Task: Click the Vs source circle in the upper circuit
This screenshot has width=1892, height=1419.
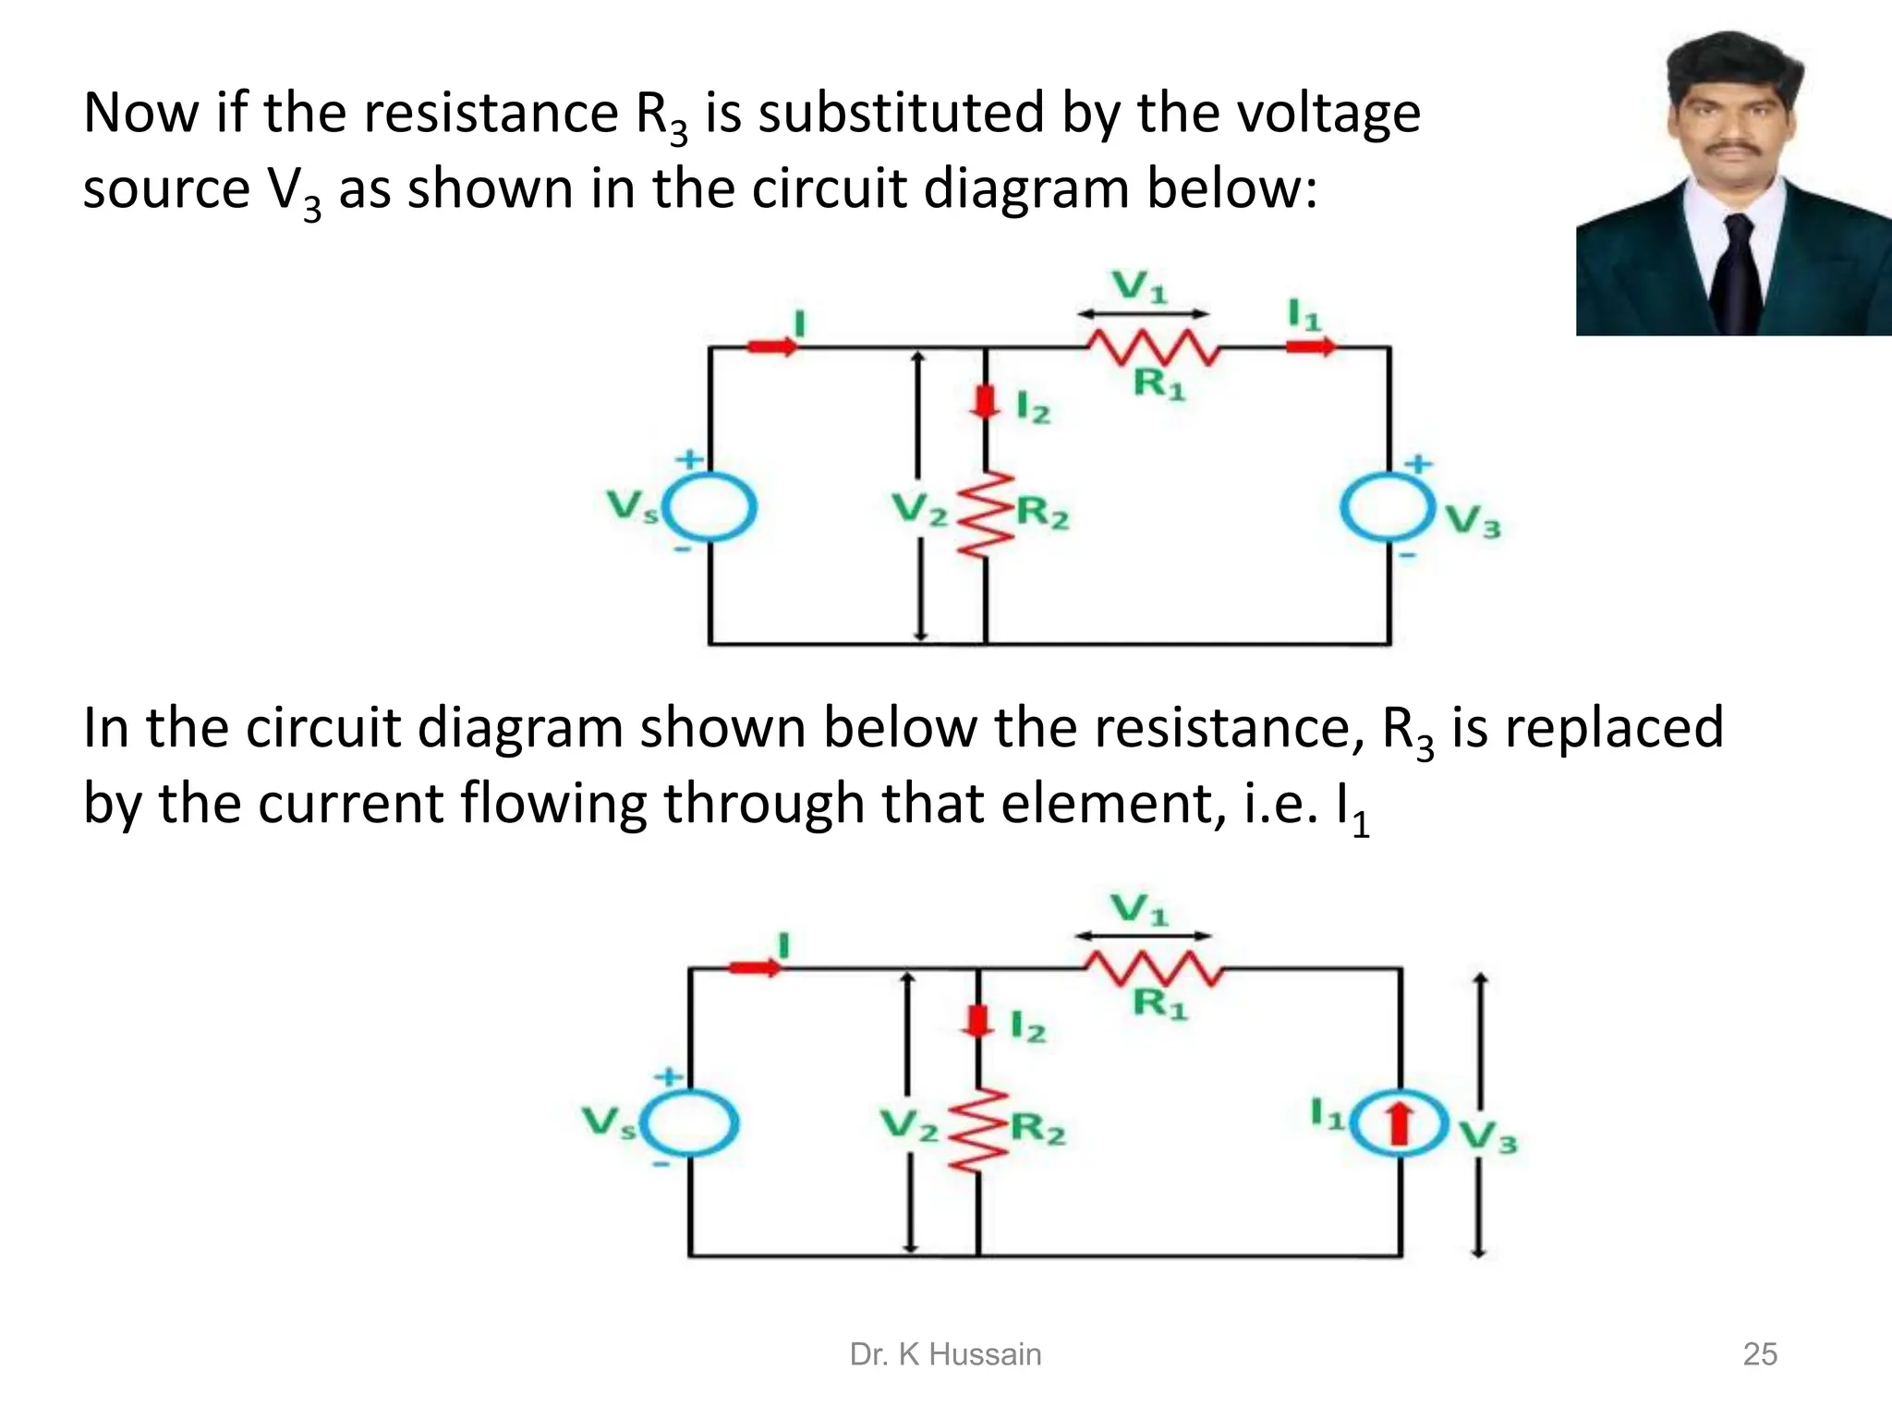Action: pyautogui.click(x=710, y=507)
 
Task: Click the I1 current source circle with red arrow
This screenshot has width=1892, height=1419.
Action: pyautogui.click(x=1400, y=1123)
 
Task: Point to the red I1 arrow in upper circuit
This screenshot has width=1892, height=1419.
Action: pyautogui.click(x=1311, y=346)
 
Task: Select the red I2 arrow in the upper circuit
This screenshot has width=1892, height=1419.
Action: pyautogui.click(x=986, y=401)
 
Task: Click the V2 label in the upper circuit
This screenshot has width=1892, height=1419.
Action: pyautogui.click(x=918, y=509)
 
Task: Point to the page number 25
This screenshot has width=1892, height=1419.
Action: pyautogui.click(x=1759, y=1354)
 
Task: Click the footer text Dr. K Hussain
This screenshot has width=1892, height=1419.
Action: pyautogui.click(x=945, y=1354)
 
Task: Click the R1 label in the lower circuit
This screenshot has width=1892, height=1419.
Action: pyautogui.click(x=1159, y=1004)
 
